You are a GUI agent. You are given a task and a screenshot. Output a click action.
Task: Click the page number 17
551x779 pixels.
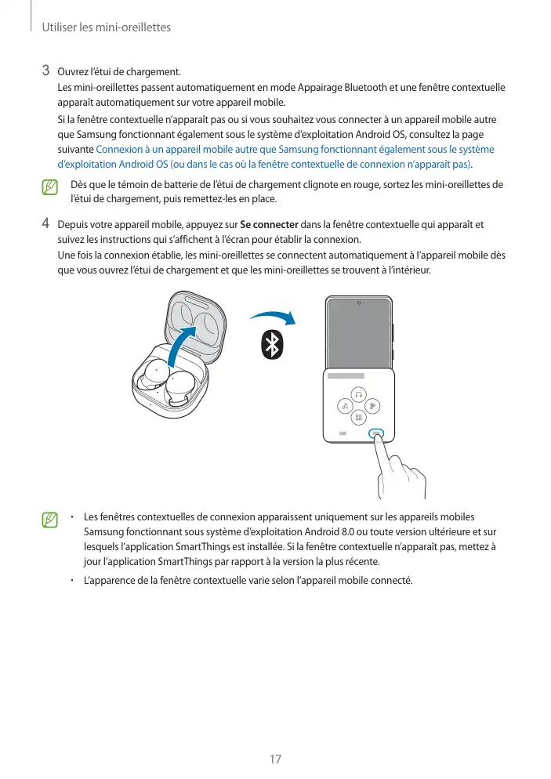[275, 759]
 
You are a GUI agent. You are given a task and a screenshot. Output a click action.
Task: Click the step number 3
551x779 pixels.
[47, 73]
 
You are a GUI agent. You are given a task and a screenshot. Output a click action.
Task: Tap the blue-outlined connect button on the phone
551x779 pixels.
[377, 433]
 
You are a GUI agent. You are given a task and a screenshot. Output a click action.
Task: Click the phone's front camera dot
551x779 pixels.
[358, 303]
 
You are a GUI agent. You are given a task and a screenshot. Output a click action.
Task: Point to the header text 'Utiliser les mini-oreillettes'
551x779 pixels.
[105, 28]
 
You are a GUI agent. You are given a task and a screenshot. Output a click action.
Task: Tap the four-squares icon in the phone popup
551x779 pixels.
[358, 418]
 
